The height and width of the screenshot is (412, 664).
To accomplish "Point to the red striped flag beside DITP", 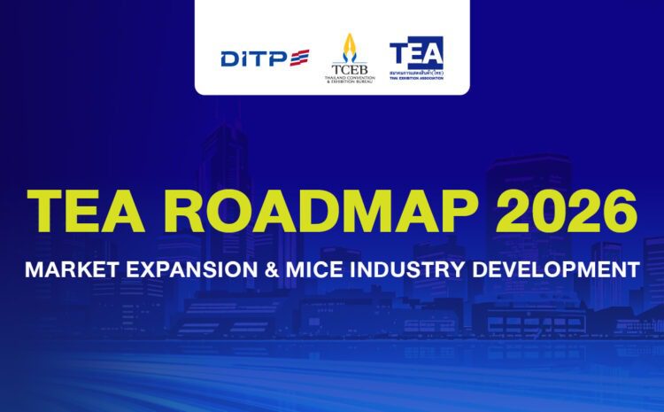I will pos(297,58).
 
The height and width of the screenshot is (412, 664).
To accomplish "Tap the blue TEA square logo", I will pos(416,51).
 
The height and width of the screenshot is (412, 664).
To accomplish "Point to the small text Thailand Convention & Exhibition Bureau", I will pos(349,78).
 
